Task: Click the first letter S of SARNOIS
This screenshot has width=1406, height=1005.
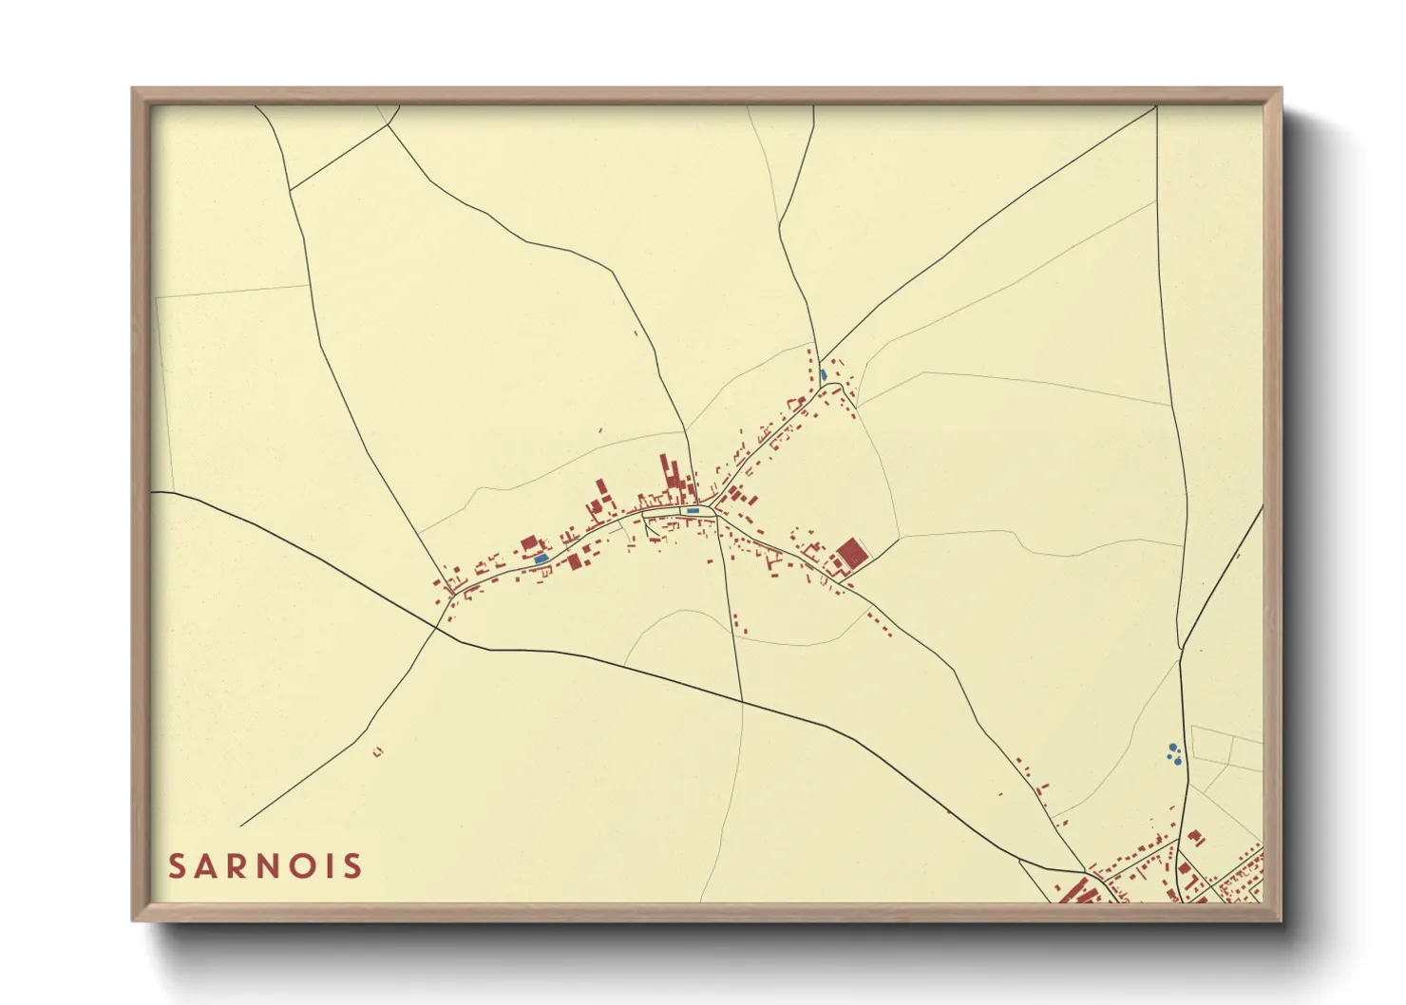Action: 177,866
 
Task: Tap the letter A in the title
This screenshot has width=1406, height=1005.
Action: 207,866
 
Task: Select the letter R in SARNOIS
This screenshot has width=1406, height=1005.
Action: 237,866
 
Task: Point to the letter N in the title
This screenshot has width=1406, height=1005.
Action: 272,866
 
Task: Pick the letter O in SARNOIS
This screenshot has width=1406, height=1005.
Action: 306,866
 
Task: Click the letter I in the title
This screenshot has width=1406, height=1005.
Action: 332,866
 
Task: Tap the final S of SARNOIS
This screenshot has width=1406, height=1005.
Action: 352,866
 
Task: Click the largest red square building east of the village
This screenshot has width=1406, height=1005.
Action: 851,553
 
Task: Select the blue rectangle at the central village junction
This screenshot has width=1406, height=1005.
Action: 693,511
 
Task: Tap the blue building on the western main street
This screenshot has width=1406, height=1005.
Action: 541,559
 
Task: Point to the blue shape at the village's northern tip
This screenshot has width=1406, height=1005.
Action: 823,375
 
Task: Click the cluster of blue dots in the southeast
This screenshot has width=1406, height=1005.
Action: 1174,754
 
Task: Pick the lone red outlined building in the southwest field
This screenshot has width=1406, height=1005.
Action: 377,751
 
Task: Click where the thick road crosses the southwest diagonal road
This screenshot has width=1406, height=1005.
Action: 440,624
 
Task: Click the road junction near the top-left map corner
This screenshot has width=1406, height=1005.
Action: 289,189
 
